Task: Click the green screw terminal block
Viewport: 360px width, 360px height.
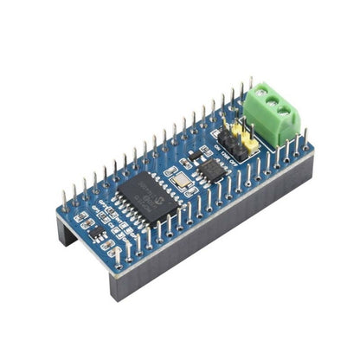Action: [274, 117]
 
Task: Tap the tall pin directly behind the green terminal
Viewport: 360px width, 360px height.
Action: [251, 86]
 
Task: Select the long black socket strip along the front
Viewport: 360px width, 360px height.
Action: [216, 225]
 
